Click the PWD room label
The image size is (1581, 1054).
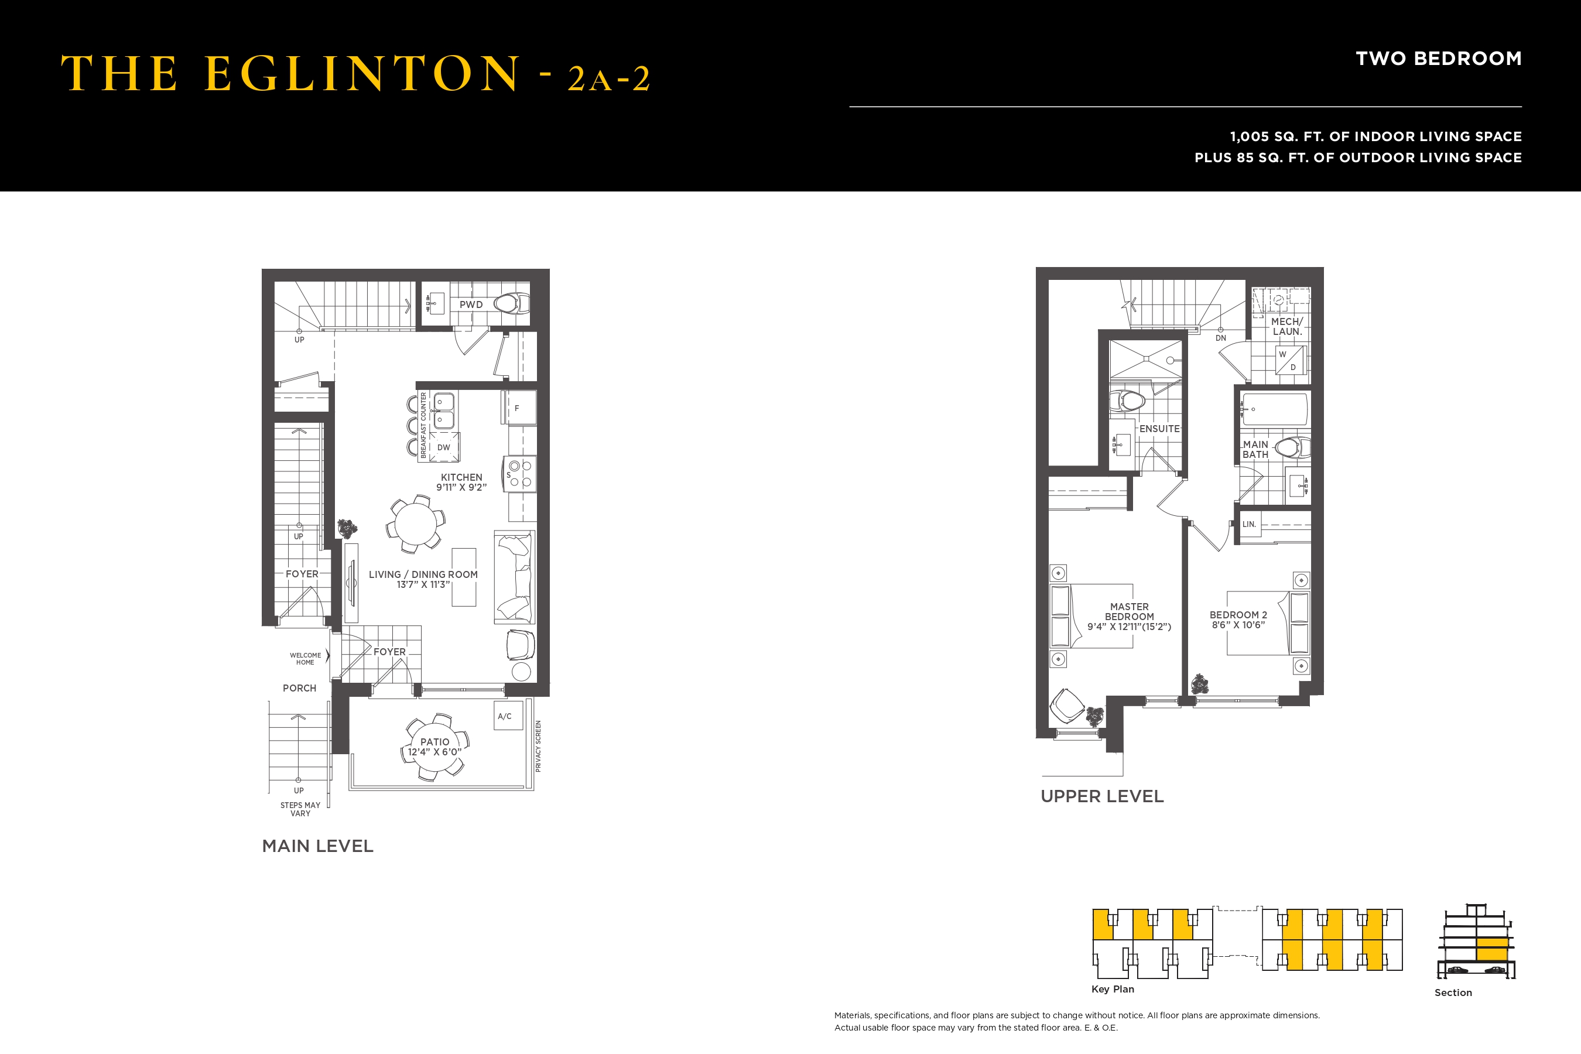(471, 304)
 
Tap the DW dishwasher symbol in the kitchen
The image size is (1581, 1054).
(444, 447)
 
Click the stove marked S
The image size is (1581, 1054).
(519, 474)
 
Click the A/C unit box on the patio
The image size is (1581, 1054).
(508, 717)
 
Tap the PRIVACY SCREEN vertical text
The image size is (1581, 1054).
(538, 746)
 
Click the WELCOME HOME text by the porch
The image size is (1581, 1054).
(305, 659)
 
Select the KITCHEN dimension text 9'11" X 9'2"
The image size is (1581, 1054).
(461, 487)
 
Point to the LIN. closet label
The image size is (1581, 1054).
(1249, 524)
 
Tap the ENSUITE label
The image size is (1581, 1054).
(1159, 429)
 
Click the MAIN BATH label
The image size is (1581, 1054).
(1255, 450)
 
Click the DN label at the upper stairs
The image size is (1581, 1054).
(1221, 338)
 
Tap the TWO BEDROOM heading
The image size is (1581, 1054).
(1439, 59)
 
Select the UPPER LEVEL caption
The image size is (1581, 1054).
(1103, 796)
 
